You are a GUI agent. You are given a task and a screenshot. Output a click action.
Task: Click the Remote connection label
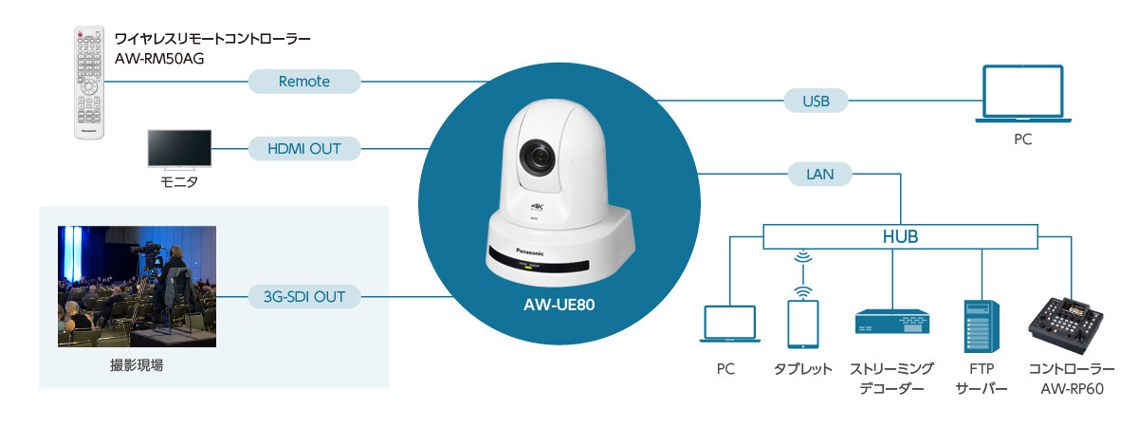(x=304, y=82)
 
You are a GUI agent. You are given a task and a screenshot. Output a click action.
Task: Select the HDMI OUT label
(x=305, y=148)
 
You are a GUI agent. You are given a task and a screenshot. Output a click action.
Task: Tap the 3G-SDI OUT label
(x=303, y=297)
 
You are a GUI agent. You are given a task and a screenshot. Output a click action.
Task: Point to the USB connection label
(x=817, y=99)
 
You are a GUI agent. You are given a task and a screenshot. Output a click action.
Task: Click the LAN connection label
(x=819, y=174)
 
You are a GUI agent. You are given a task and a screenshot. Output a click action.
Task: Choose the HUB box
(x=900, y=235)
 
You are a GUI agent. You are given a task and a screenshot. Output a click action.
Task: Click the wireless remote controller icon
(x=89, y=84)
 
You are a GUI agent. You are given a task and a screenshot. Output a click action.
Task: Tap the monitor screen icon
(x=180, y=150)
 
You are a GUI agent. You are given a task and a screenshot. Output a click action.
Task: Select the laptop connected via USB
(x=1022, y=94)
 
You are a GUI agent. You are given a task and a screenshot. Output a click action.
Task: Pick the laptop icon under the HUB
(x=727, y=325)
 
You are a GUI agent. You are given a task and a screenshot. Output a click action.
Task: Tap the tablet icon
(x=802, y=325)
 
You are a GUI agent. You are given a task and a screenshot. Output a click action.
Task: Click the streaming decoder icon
(x=892, y=324)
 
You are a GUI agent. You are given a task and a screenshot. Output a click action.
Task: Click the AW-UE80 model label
(x=560, y=306)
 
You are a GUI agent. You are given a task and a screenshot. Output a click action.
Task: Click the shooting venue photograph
(x=137, y=286)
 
